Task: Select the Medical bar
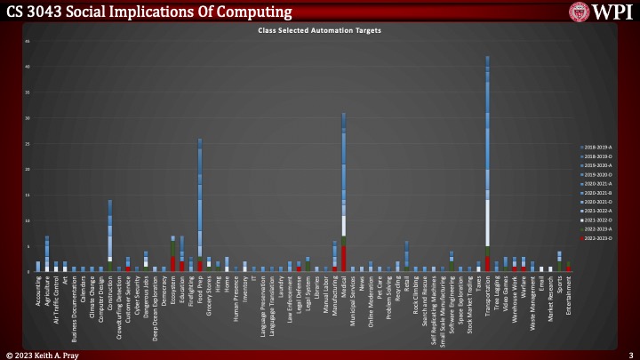343,196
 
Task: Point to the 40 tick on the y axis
27,67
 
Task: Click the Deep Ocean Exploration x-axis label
155,304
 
